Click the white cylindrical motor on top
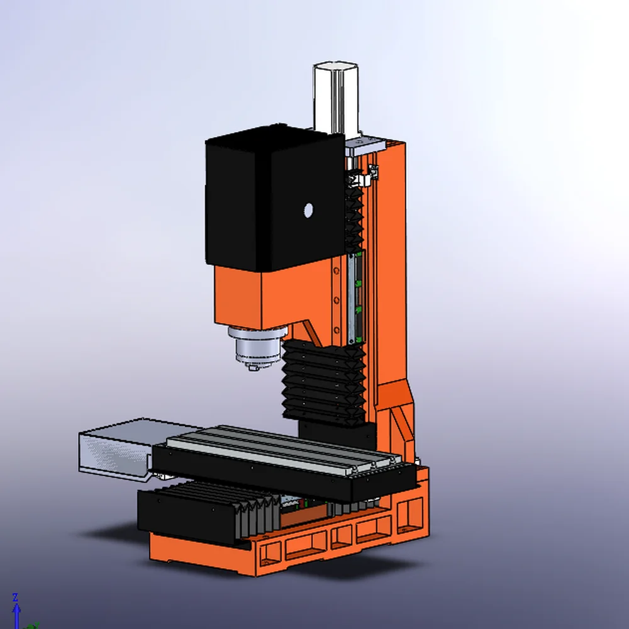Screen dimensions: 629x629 335,97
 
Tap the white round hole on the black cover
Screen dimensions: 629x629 308,211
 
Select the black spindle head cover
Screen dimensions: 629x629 275,198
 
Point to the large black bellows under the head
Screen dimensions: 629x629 323,382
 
